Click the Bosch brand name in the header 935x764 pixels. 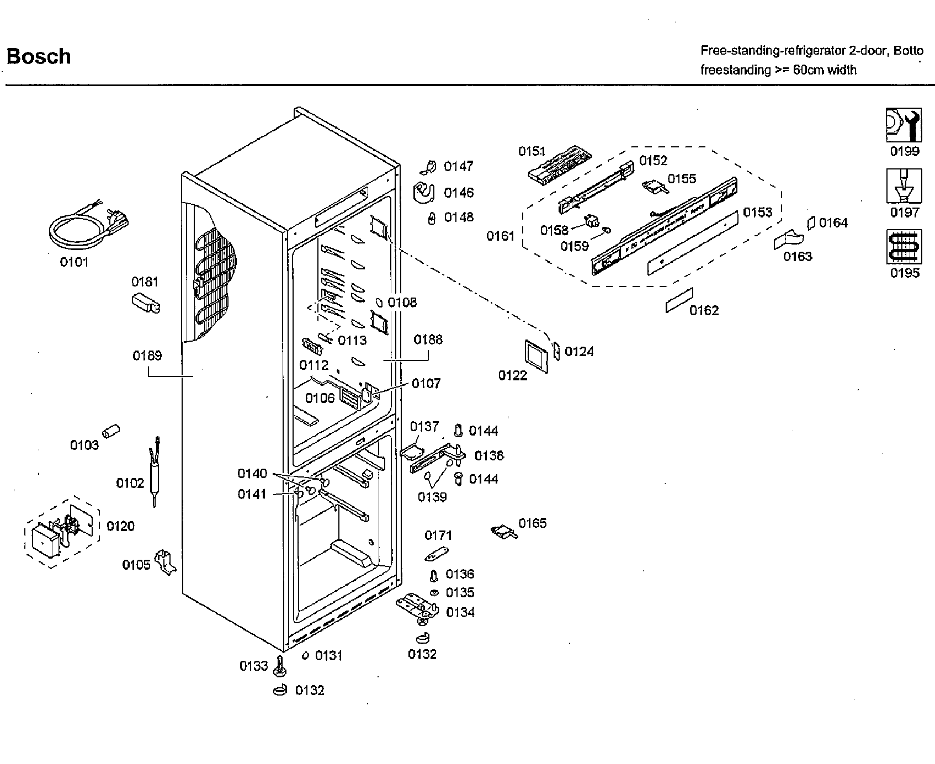coord(38,56)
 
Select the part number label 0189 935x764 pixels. coord(147,356)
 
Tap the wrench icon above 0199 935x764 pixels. coord(904,125)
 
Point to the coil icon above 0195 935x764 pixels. coord(904,247)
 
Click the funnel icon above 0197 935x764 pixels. coord(904,186)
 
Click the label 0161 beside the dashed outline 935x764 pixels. coord(500,236)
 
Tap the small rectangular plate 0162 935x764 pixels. coord(679,299)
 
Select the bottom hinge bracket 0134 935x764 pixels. coord(417,607)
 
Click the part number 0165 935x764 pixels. coord(532,523)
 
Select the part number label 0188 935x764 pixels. coord(428,339)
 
